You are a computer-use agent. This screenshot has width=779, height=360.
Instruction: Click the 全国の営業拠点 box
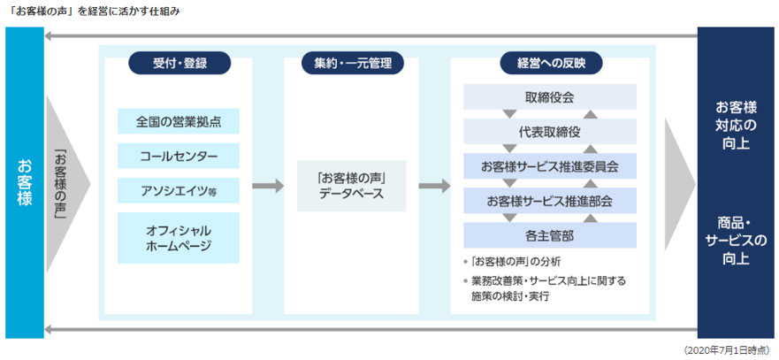pyautogui.click(x=178, y=121)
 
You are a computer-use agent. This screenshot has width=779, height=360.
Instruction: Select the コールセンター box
pyautogui.click(x=178, y=157)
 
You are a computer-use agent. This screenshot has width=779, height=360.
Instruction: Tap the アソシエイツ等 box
pyautogui.click(x=178, y=191)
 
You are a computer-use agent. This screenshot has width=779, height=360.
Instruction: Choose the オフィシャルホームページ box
pyautogui.click(x=178, y=237)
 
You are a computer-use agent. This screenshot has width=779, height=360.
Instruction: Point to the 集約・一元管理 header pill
pyautogui.click(x=352, y=63)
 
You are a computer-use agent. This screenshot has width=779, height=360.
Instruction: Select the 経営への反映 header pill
pyautogui.click(x=550, y=63)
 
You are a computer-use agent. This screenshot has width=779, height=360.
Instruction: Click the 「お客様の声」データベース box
pyautogui.click(x=352, y=186)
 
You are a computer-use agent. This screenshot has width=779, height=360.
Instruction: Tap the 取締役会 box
pyautogui.click(x=549, y=96)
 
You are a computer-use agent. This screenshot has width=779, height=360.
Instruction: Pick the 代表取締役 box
pyautogui.click(x=549, y=131)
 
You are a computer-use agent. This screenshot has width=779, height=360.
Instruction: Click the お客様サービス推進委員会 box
pyautogui.click(x=549, y=165)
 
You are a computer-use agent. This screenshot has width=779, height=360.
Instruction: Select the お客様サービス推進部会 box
pyautogui.click(x=549, y=201)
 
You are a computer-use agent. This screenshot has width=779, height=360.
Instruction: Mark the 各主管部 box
pyautogui.click(x=549, y=235)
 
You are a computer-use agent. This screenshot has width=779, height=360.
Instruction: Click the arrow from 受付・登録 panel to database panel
pyautogui.click(x=268, y=186)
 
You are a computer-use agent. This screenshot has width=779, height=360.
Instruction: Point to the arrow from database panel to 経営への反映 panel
pyautogui.click(x=435, y=186)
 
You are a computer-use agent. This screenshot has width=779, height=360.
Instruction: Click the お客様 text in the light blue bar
pyautogui.click(x=24, y=182)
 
